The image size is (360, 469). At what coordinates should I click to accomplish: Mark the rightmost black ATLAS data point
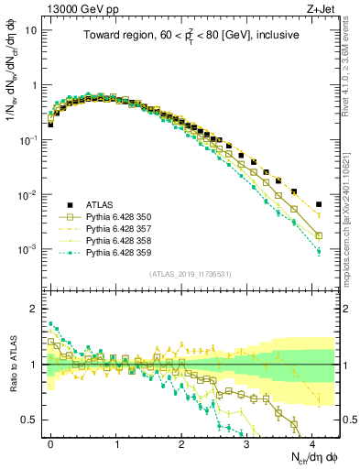click(x=319, y=204)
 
